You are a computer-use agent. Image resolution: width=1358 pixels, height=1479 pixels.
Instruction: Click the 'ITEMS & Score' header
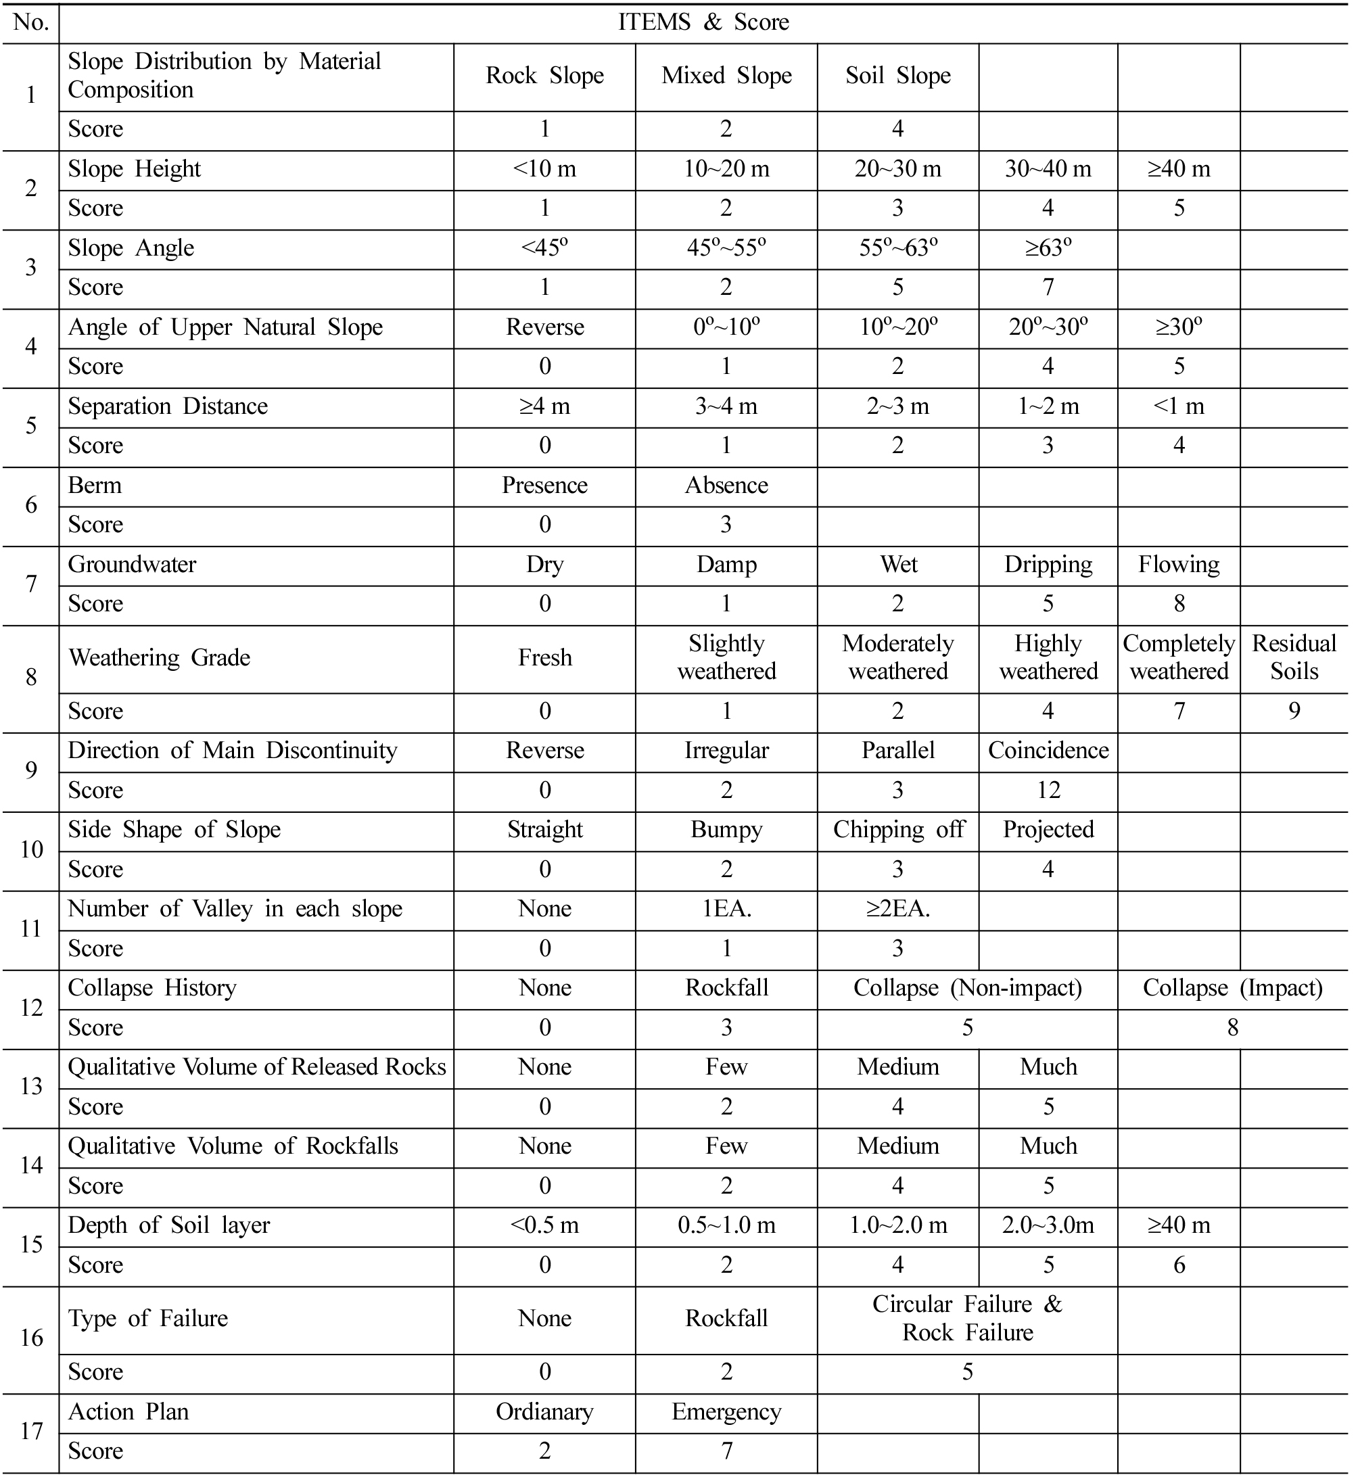point(703,23)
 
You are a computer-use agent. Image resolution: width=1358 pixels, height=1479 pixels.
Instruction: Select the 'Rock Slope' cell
point(544,76)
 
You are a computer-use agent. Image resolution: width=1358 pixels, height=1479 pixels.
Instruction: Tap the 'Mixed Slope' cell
point(726,76)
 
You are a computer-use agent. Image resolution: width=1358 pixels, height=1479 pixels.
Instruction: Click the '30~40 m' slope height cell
point(1048,169)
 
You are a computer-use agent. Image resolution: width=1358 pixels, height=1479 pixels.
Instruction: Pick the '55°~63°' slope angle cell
point(898,248)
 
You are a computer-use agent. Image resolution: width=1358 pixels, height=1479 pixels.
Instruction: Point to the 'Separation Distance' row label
point(168,406)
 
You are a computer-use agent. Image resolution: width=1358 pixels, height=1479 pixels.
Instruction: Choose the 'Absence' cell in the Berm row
point(726,486)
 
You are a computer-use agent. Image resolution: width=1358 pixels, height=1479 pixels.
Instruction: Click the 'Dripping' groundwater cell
point(1048,565)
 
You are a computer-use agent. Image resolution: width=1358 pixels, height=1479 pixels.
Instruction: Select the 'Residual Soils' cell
point(1294,657)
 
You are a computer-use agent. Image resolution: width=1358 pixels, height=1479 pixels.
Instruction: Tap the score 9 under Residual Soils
point(1294,711)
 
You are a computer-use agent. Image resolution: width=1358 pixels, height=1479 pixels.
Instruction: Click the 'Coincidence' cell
point(1048,751)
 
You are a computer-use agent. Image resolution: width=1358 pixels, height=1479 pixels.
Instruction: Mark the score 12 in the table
point(1048,791)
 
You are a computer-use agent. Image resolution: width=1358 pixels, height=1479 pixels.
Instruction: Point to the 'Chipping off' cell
point(898,830)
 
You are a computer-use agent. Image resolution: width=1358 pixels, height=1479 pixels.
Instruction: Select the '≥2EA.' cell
point(898,910)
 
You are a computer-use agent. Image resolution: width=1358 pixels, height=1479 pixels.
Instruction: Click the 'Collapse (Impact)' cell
point(1232,989)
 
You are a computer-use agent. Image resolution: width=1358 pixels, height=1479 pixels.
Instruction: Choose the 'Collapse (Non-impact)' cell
point(967,989)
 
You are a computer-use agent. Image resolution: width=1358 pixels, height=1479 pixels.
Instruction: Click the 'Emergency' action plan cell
point(726,1413)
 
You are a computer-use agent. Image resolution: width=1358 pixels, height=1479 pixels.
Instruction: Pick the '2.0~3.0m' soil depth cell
point(1048,1226)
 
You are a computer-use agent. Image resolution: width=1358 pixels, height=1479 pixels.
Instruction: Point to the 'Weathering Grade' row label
point(159,657)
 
